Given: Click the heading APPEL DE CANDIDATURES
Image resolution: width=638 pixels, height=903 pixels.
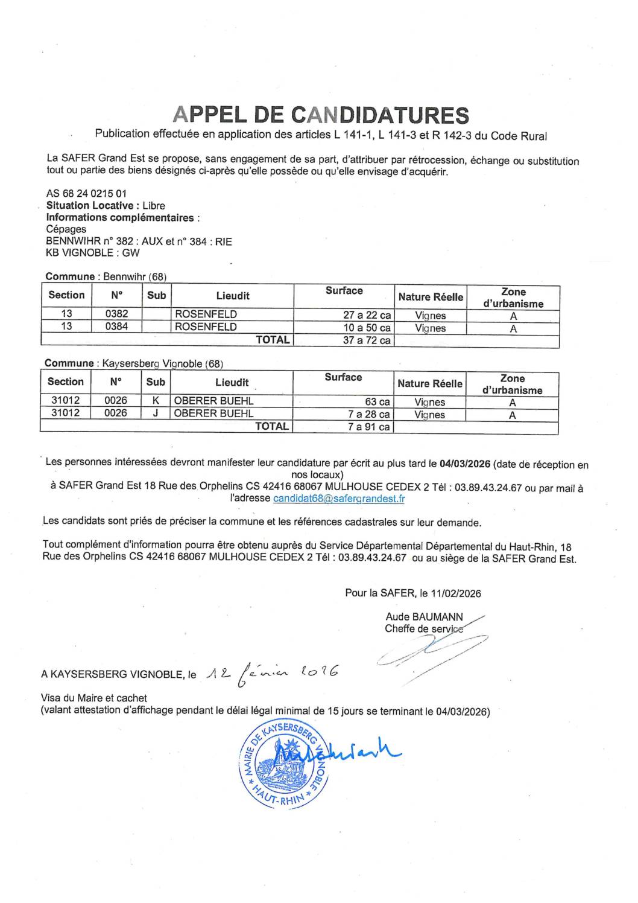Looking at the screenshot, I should pos(320,115).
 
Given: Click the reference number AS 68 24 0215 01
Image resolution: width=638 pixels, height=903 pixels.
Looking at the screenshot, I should pos(86,194).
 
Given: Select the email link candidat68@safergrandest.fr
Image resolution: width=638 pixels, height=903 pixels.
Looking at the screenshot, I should pos(338,499).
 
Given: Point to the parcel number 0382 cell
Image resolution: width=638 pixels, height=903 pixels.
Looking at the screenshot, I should pos(116,314).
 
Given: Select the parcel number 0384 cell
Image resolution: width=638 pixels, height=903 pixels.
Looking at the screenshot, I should pos(116,327).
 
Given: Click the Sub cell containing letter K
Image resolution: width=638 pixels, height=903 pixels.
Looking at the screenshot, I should pos(155,401).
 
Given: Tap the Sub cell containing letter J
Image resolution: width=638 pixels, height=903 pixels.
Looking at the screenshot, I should pos(155,413).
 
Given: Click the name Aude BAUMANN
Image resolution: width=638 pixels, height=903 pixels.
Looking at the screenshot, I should pos(424,617).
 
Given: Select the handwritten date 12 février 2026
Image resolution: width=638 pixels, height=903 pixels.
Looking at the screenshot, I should pos(271,672).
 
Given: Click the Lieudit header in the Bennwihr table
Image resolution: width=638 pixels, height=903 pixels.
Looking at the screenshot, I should pos(233,296).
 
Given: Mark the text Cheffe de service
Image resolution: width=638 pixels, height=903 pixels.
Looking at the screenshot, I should pos(424,629).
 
